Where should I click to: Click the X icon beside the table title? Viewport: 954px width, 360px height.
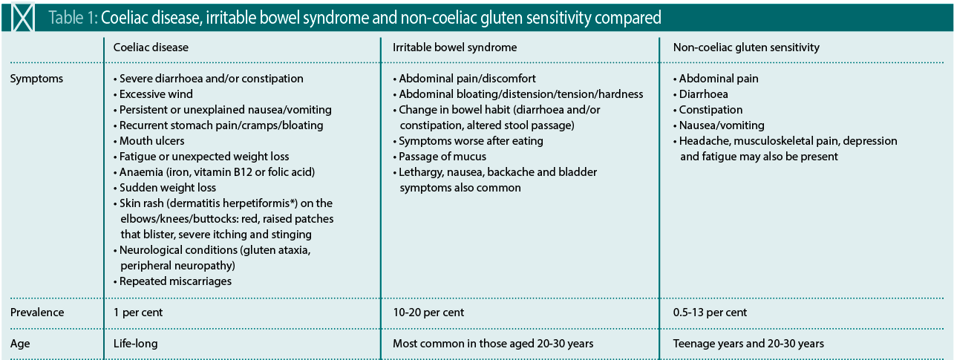coord(22,18)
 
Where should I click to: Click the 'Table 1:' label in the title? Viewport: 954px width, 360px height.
coord(73,18)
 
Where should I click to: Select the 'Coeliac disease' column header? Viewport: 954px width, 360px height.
coord(151,48)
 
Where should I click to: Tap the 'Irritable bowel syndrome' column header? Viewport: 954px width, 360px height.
coord(454,48)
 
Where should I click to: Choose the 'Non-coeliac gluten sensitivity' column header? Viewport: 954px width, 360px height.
coord(746,48)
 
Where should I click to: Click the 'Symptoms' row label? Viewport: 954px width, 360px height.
coord(36,79)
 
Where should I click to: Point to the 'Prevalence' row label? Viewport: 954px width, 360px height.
coord(37,312)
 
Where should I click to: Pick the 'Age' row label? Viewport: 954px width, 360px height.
coord(20,344)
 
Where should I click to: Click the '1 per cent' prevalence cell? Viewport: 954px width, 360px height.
coord(138,312)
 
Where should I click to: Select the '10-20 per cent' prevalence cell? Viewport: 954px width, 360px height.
coord(428,312)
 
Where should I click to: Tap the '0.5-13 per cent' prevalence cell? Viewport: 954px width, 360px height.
coord(710,312)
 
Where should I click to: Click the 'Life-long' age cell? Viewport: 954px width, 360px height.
coord(135,344)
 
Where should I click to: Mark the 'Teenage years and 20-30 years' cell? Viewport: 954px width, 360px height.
coord(748,344)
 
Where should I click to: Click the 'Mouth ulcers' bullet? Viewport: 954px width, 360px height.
coord(149,141)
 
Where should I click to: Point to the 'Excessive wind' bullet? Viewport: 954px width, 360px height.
coord(154,94)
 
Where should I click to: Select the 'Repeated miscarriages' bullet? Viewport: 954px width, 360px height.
coord(172,281)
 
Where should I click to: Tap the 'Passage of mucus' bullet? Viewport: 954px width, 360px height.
coord(440,157)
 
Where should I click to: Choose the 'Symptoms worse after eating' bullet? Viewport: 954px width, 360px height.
coord(468,141)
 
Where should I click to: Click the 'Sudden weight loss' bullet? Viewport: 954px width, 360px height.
coord(165,188)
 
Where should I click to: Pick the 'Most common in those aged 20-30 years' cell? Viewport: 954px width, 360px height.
coord(493,344)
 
